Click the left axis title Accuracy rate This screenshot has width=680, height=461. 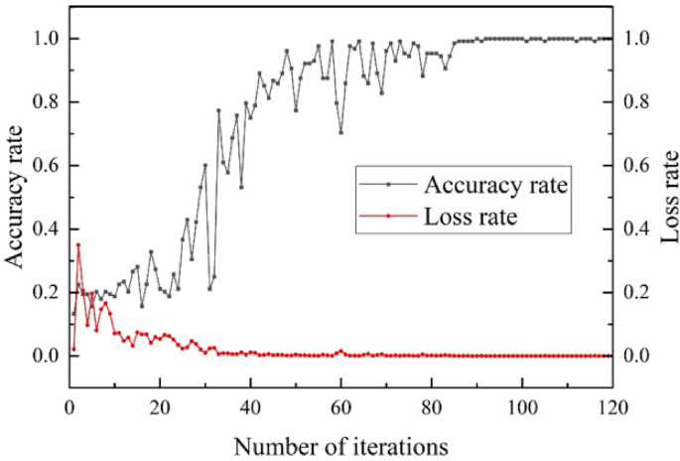pyautogui.click(x=17, y=196)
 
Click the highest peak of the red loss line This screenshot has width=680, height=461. pyautogui.click(x=78, y=244)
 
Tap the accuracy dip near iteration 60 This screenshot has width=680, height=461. pyautogui.click(x=340, y=132)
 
